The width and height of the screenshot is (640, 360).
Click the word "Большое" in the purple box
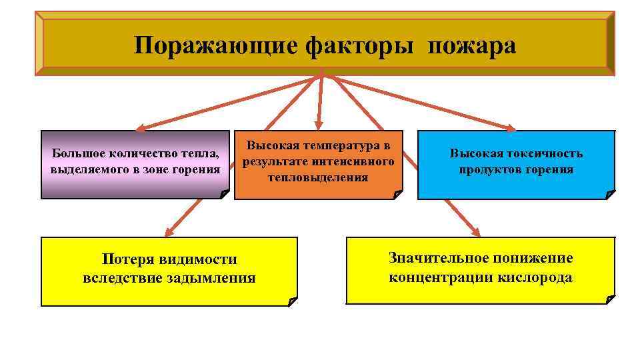tap(75, 154)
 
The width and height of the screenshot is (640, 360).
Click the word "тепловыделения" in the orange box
tap(318, 177)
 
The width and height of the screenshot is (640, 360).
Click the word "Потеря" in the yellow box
tap(127, 259)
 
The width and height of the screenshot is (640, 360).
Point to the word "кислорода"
tap(535, 277)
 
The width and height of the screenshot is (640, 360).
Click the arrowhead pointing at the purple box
tap(139, 127)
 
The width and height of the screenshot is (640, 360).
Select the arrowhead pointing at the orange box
tap(319, 125)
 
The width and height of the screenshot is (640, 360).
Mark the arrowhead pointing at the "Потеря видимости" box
tap(169, 233)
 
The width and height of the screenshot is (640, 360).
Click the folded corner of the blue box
tap(609, 194)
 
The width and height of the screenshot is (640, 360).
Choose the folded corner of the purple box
tap(223, 194)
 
